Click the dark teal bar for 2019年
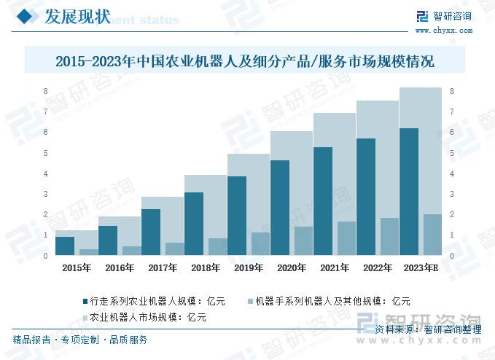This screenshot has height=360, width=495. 237,216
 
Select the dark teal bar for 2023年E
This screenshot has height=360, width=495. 410,192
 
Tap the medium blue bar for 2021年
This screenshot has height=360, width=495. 346,238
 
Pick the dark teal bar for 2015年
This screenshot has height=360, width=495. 65,246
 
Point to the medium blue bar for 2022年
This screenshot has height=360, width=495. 389,237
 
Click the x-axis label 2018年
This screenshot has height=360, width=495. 206,268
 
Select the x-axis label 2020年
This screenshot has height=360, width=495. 292,268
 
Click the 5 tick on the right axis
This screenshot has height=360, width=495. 452,153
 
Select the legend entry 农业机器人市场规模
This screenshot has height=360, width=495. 141,317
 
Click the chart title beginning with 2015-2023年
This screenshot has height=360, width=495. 244,61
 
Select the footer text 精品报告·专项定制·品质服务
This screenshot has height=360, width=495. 80,340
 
